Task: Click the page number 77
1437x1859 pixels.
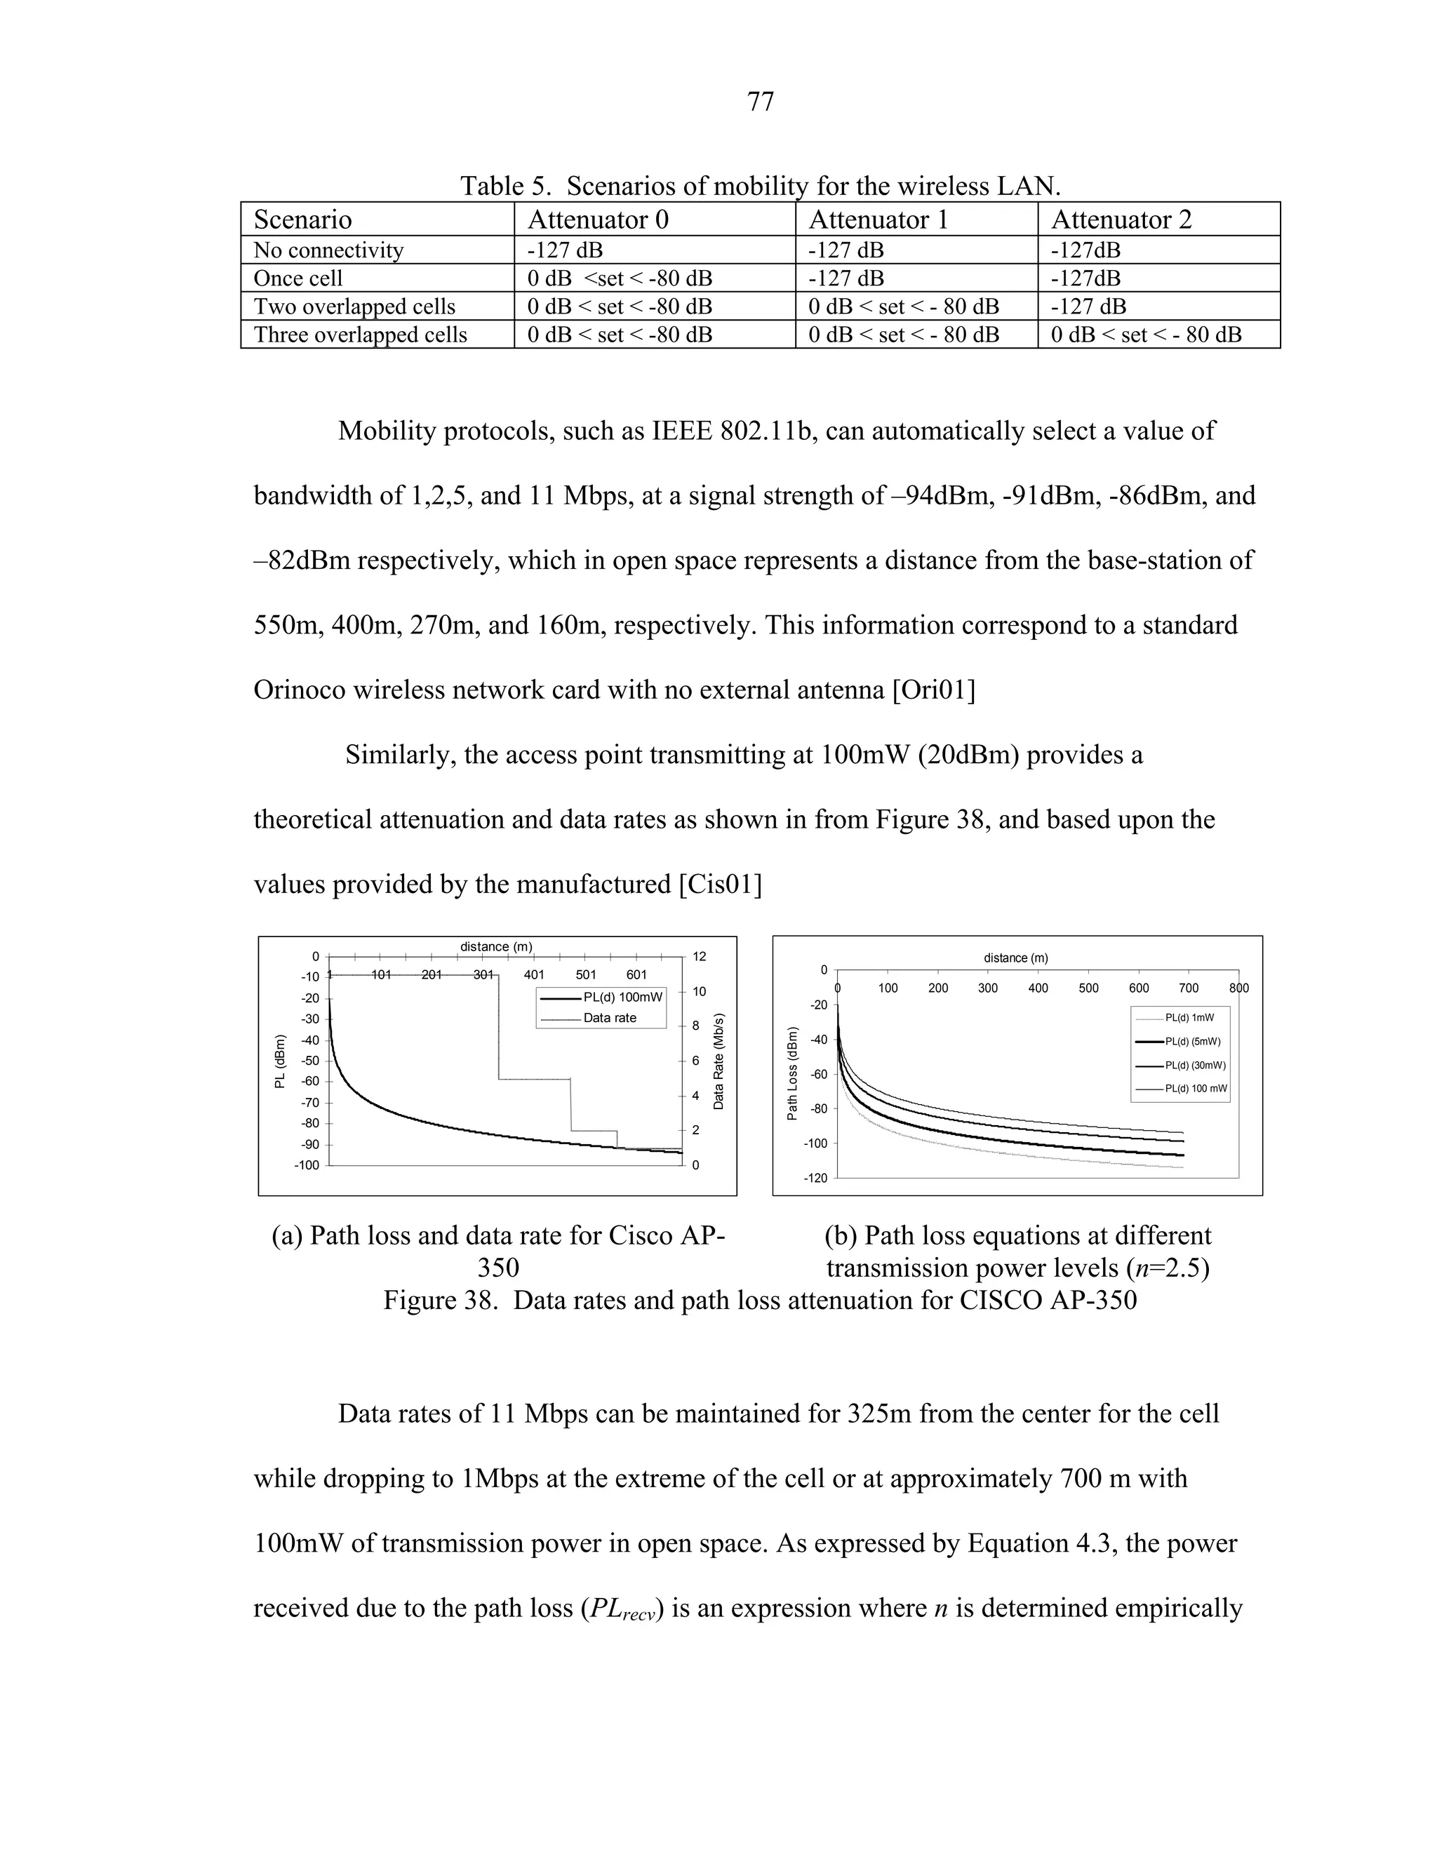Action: [x=759, y=102]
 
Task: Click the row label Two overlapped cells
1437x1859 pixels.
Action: [x=354, y=307]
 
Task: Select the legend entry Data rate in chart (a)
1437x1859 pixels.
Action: [x=610, y=1018]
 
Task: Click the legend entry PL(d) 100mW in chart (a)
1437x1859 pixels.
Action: [x=622, y=997]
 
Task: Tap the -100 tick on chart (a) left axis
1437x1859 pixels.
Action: [x=307, y=1165]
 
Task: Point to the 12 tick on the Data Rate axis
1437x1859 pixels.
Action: [x=699, y=957]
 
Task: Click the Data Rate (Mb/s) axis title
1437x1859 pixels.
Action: [x=718, y=1061]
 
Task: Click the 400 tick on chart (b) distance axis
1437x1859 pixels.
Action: [x=1038, y=988]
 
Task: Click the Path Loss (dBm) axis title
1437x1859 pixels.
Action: [x=793, y=1074]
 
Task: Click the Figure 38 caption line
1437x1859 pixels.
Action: [x=759, y=1301]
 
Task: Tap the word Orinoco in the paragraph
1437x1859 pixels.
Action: [x=299, y=690]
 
